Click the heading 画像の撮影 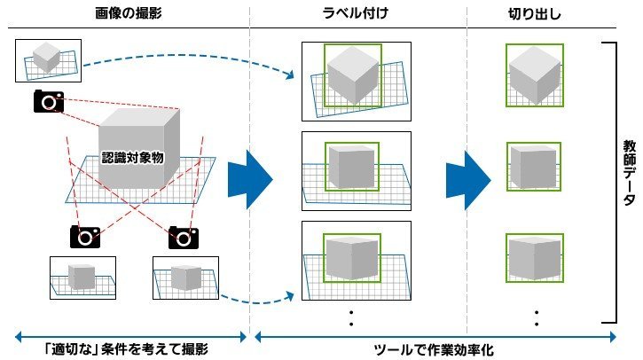(129, 13)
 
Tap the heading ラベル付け (355, 13)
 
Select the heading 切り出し (534, 14)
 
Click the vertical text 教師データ (629, 173)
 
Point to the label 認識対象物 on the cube (132, 158)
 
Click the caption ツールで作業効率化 (434, 349)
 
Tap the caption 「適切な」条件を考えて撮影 (126, 349)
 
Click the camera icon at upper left (49, 101)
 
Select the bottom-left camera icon (85, 237)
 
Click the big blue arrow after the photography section (250, 179)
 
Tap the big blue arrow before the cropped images (468, 180)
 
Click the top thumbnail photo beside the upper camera (49, 60)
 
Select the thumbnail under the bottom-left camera (82, 278)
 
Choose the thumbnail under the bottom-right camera (185, 278)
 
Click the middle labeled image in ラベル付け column (357, 171)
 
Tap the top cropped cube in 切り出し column (535, 75)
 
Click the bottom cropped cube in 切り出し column (535, 258)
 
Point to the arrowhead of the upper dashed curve (291, 74)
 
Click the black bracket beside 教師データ (616, 183)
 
